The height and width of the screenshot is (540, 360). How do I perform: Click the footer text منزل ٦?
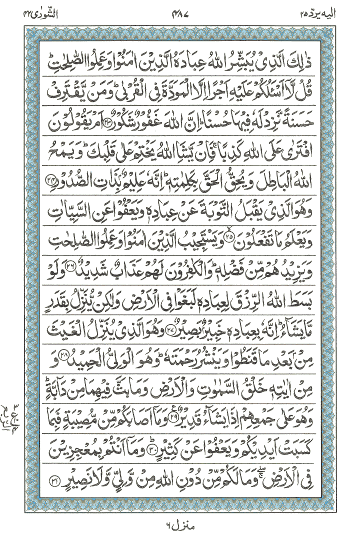point(179,525)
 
